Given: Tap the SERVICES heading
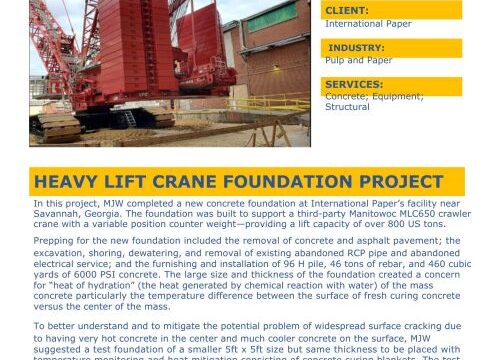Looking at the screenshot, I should pyautogui.click(x=354, y=84).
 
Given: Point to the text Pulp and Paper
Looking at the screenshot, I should pyautogui.click(x=358, y=60).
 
